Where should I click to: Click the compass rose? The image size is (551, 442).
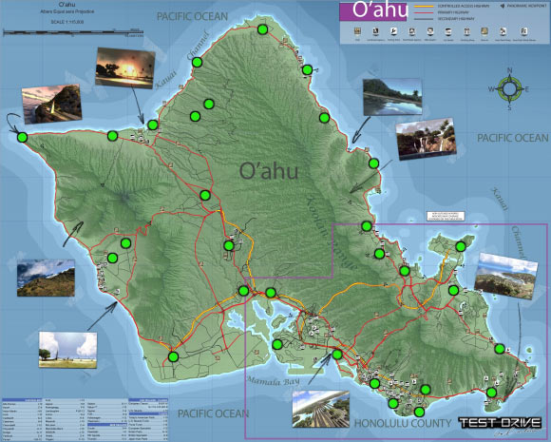[511, 89]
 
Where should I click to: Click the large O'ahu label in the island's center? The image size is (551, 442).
[274, 172]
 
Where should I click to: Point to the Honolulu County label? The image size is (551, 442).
[400, 423]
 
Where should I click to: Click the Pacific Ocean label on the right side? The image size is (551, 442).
[513, 139]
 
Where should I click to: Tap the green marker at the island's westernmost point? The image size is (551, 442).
[21, 137]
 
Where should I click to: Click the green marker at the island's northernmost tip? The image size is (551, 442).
[262, 29]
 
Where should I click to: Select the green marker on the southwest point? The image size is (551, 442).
[173, 356]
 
